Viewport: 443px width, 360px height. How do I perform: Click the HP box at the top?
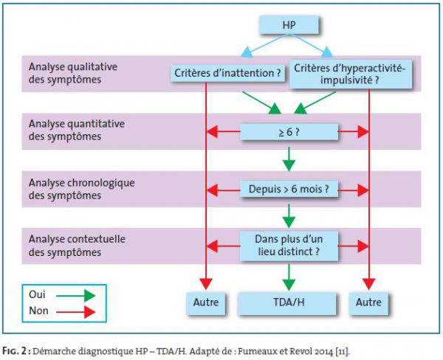pyautogui.click(x=289, y=25)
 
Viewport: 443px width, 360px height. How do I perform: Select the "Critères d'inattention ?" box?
pyautogui.click(x=227, y=73)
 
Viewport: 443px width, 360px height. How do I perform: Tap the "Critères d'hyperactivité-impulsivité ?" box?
pyautogui.click(x=350, y=74)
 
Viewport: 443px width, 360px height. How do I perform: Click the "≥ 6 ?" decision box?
pyautogui.click(x=289, y=132)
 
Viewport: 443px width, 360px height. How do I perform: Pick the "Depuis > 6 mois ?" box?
pyautogui.click(x=289, y=189)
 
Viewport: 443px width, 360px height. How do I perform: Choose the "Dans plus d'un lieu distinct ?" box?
pyautogui.click(x=289, y=246)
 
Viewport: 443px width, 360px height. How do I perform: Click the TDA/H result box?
pyautogui.click(x=287, y=303)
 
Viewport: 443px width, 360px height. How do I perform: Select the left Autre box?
pyautogui.click(x=206, y=303)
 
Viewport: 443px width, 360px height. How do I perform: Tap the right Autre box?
pyautogui.click(x=368, y=303)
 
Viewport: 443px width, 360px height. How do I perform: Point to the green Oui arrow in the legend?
pyautogui.click(x=76, y=296)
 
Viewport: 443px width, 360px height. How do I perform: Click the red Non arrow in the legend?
pyautogui.click(x=76, y=312)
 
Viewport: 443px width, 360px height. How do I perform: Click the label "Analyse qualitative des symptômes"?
pyautogui.click(x=73, y=73)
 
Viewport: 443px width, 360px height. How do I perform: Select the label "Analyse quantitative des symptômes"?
pyautogui.click(x=77, y=130)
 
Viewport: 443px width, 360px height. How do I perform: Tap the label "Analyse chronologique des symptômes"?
pyautogui.click(x=82, y=189)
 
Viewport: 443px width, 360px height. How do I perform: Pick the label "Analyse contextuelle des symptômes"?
pyautogui.click(x=77, y=246)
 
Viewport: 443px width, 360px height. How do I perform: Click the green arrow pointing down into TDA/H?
pyautogui.click(x=289, y=277)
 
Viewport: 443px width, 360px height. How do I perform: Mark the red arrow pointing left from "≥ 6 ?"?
pyautogui.click(x=224, y=131)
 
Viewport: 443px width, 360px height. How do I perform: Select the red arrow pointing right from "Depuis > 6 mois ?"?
pyautogui.click(x=353, y=190)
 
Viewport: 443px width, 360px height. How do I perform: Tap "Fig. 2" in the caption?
pyautogui.click(x=16, y=351)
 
